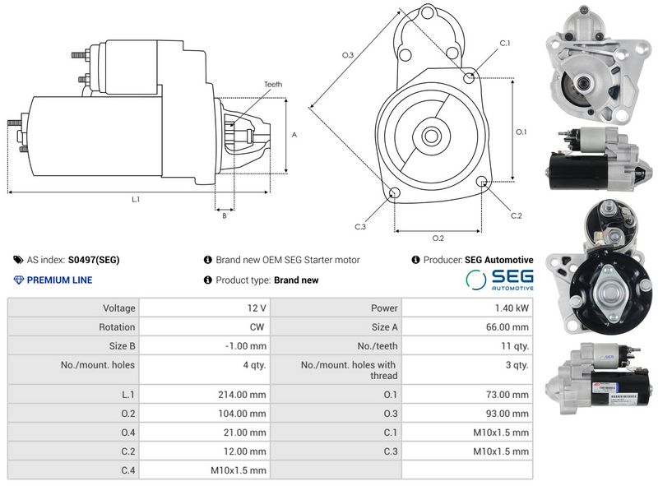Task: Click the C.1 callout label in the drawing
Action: tap(504, 44)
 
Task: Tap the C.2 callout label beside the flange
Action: tap(517, 215)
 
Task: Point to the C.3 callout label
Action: tap(360, 227)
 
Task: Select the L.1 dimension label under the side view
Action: tap(136, 199)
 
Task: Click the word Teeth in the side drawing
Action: tap(273, 85)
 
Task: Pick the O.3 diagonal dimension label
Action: tap(348, 55)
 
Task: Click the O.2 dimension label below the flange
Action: tap(438, 238)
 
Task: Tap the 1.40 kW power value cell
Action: tap(512, 308)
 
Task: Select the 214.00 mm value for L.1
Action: tap(242, 395)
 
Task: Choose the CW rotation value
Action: tap(257, 327)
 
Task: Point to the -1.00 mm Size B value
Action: tap(245, 346)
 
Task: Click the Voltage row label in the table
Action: tap(119, 308)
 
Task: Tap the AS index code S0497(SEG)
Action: tap(94, 260)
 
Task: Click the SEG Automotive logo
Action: tap(499, 279)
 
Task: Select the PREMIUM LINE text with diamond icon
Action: tap(53, 280)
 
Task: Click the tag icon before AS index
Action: tap(18, 260)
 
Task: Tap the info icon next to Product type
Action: tap(207, 280)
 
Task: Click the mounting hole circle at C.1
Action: tap(469, 77)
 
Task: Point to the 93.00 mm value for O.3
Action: tap(507, 414)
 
